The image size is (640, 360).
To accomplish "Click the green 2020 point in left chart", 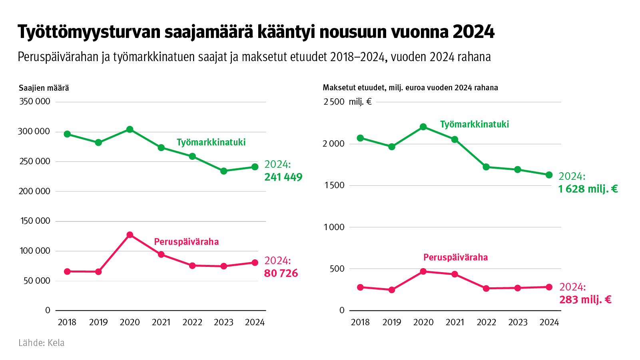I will tap(130, 129).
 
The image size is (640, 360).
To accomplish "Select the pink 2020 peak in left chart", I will tap(130, 235).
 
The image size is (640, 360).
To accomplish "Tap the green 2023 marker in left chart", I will tap(224, 171).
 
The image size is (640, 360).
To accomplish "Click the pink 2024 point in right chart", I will tap(549, 287).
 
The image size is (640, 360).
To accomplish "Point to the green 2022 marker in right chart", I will tap(486, 167).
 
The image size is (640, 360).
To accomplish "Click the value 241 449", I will tap(283, 177).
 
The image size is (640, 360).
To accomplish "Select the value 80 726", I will tap(281, 273).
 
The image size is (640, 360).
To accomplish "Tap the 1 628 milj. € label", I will tap(588, 189).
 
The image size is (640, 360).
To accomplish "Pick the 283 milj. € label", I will tap(585, 300).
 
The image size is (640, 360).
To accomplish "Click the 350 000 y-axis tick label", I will tap(35, 101).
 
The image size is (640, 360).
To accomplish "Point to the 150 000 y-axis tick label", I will tap(35, 221).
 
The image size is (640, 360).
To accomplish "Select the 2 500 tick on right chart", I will tap(334, 102).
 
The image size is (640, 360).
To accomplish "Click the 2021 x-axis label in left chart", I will tap(161, 322).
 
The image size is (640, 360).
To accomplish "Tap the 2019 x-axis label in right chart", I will tap(392, 322).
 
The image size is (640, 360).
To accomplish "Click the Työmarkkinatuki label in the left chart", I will tap(211, 142).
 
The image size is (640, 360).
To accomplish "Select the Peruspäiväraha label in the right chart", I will tap(455, 257).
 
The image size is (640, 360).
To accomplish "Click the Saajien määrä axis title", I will tap(44, 88).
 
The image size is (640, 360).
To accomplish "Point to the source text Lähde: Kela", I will tap(42, 343).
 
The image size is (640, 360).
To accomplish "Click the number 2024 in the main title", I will tap(474, 32).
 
